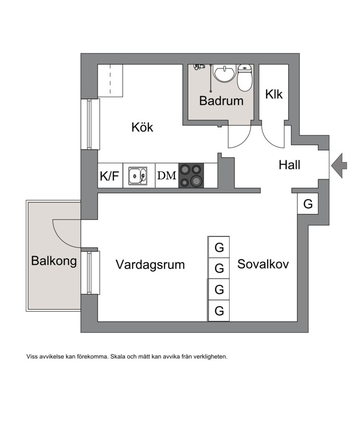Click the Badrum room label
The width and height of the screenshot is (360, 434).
click(221, 101)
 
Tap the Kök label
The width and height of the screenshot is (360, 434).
click(142, 127)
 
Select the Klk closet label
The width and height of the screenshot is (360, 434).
click(274, 95)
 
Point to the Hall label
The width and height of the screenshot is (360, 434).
click(290, 165)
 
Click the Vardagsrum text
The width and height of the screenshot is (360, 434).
click(150, 265)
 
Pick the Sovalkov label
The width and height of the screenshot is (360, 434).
click(263, 264)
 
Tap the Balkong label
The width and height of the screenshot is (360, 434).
click(54, 261)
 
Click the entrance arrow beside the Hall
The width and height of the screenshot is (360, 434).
click(339, 165)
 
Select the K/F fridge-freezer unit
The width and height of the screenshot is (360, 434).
click(110, 175)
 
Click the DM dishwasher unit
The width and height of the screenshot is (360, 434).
click(167, 175)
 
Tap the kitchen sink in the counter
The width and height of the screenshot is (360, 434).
click(138, 176)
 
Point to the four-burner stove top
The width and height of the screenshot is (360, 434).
click(191, 175)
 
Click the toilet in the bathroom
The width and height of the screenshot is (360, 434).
click(245, 77)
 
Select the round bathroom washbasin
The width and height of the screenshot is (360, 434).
click(224, 73)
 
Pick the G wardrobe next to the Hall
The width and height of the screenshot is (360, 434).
click(307, 204)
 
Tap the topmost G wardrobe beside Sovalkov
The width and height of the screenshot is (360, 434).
click(219, 247)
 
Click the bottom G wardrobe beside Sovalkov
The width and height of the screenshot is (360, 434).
click(219, 311)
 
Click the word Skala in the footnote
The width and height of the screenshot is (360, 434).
click(117, 357)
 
